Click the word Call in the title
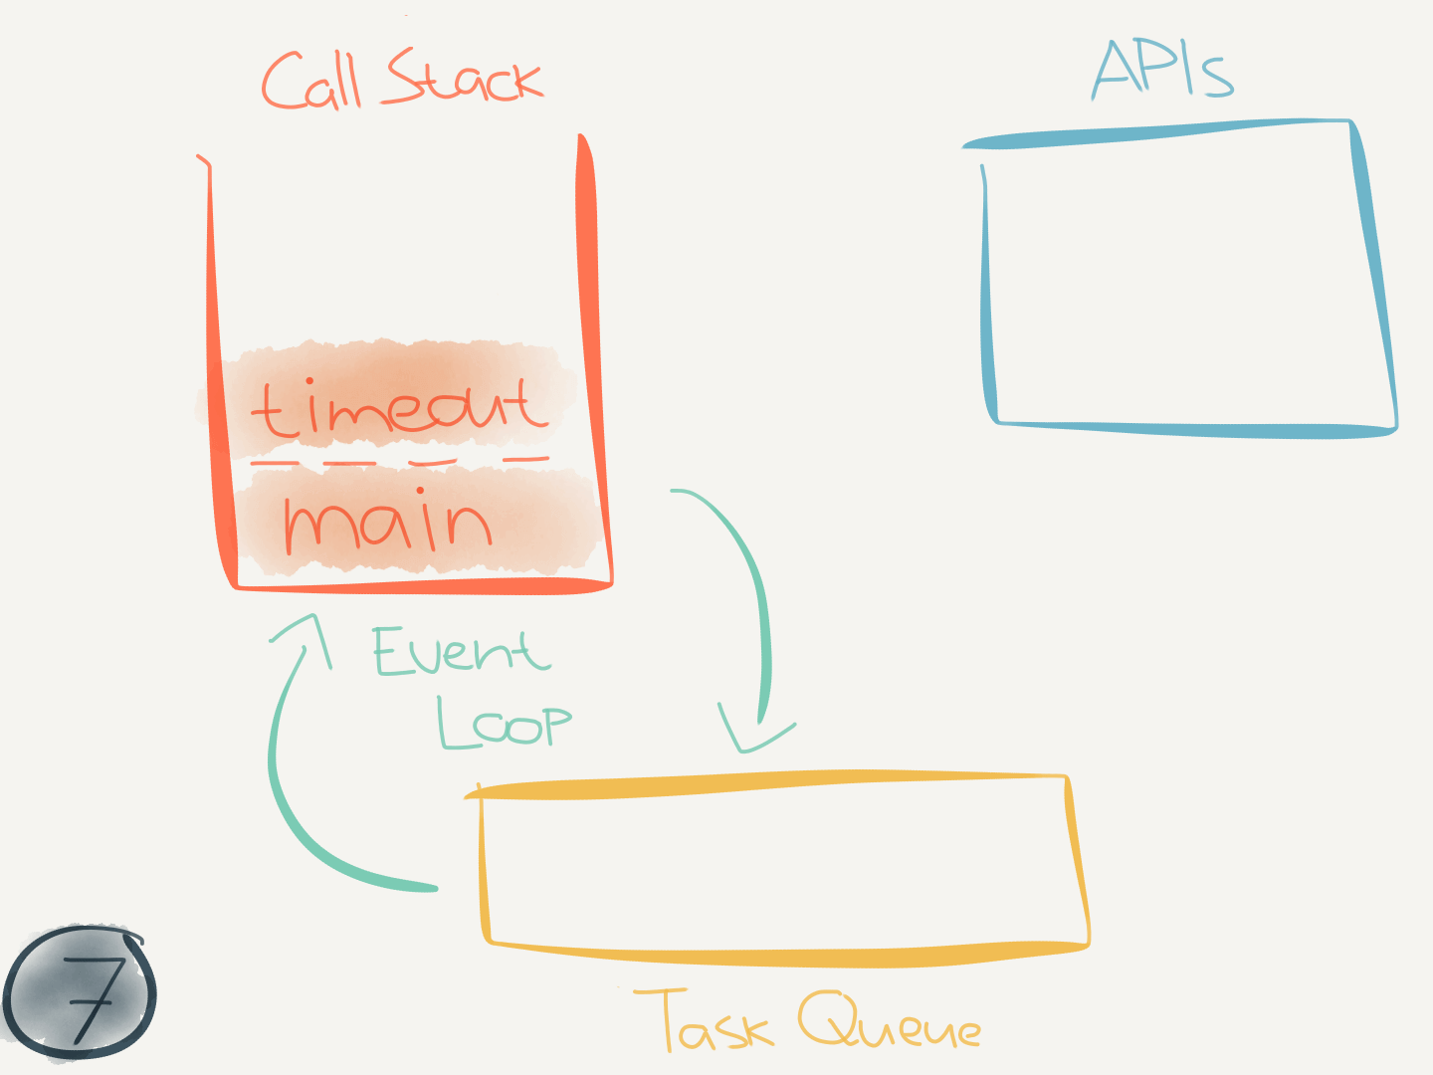point(310,82)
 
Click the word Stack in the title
point(464,80)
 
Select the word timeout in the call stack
point(399,408)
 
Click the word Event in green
point(460,652)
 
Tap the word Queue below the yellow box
point(889,1022)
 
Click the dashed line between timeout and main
point(398,462)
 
